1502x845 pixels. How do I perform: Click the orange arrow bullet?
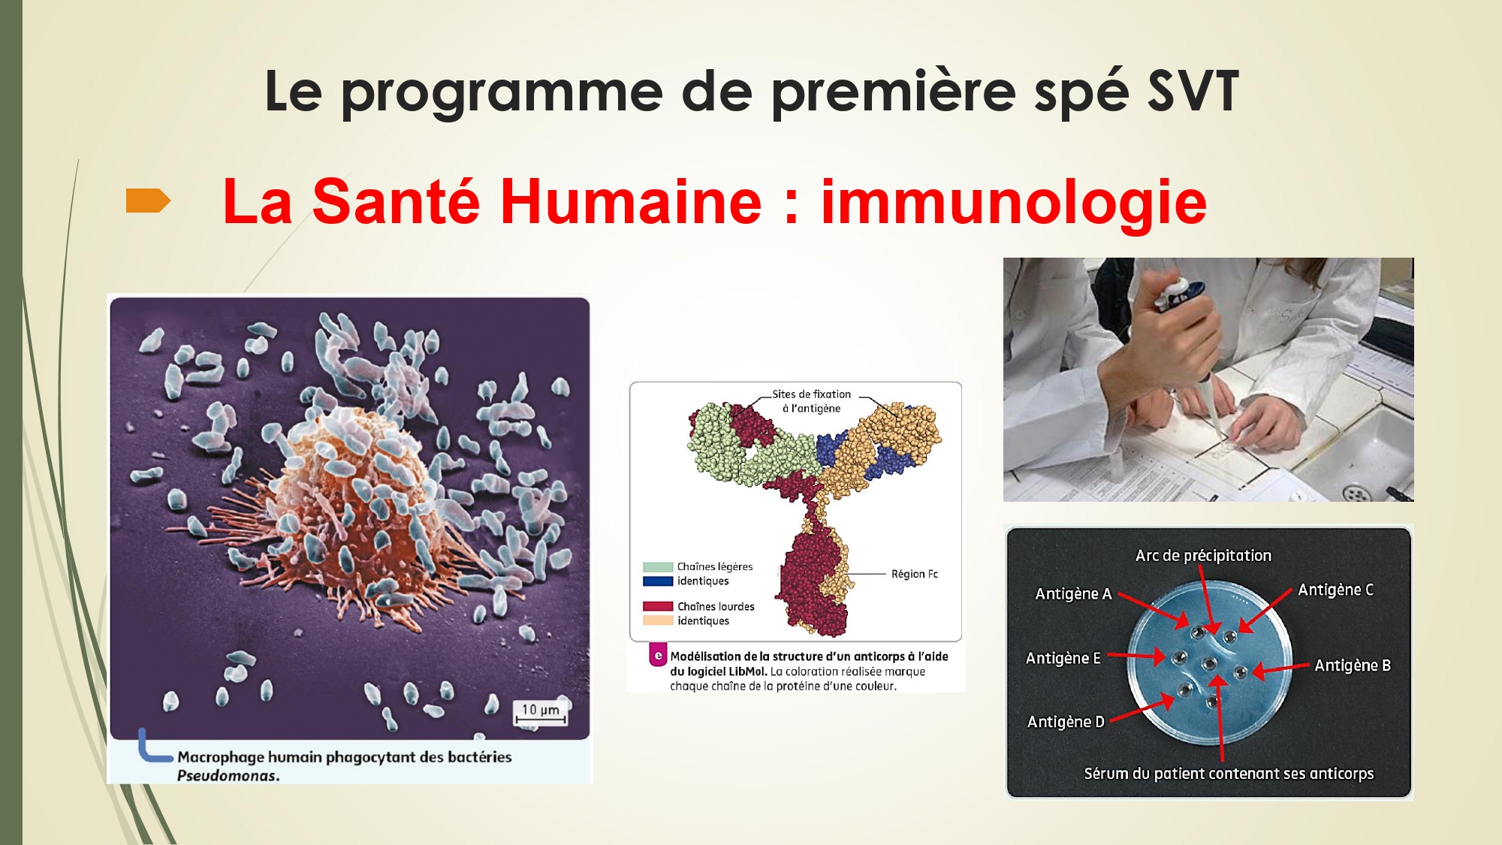coord(148,201)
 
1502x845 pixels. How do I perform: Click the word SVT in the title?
coord(1193,92)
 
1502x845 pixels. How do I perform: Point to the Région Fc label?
coord(915,574)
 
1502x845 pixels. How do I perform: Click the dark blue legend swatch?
coord(658,581)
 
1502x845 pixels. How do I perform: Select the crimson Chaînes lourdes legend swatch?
coord(658,606)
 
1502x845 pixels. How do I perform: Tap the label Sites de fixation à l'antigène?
coord(812,401)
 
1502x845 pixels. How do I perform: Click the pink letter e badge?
coord(659,656)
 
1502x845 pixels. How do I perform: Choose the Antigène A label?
coord(1073,594)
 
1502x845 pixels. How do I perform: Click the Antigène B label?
coord(1353,665)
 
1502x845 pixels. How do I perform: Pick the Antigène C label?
coord(1336,590)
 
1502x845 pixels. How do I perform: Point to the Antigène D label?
coord(1066,722)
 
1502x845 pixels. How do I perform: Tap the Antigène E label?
coord(1063,659)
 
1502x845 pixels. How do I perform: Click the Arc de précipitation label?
coord(1203,556)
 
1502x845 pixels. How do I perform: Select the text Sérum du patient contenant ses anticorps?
coord(1229,774)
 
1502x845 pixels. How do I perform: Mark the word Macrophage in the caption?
coord(221,757)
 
